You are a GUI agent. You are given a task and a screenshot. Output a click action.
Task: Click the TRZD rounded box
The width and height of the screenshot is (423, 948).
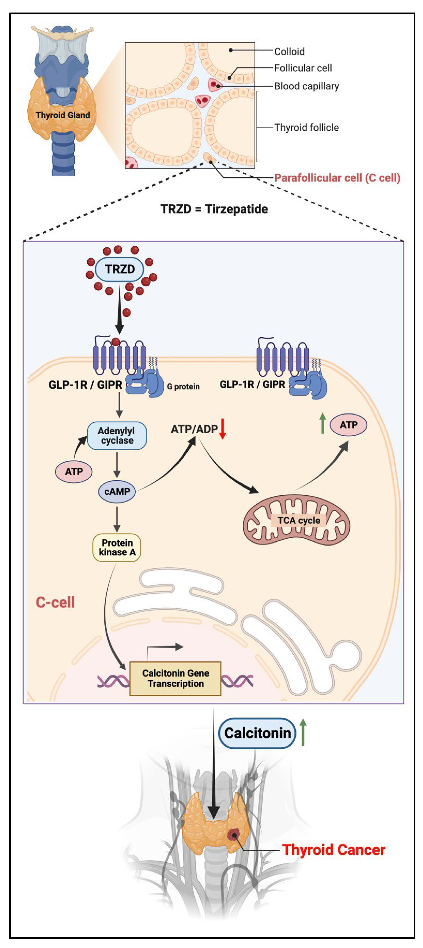pyautogui.click(x=119, y=269)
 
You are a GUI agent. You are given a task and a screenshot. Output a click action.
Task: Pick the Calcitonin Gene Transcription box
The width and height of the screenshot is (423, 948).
pyautogui.click(x=175, y=679)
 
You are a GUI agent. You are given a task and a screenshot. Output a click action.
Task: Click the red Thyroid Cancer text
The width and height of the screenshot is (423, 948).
pyautogui.click(x=333, y=850)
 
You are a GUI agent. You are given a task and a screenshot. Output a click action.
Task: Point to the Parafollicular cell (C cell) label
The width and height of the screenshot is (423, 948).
pyautogui.click(x=337, y=178)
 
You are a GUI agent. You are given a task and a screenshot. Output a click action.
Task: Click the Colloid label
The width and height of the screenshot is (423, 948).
pyautogui.click(x=290, y=52)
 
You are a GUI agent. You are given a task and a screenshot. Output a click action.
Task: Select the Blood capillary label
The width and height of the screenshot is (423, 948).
pyautogui.click(x=306, y=86)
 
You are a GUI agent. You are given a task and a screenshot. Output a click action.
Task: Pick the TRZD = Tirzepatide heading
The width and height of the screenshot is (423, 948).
pyautogui.click(x=214, y=209)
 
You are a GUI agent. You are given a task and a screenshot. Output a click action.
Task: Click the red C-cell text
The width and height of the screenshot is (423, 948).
pyautogui.click(x=55, y=602)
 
